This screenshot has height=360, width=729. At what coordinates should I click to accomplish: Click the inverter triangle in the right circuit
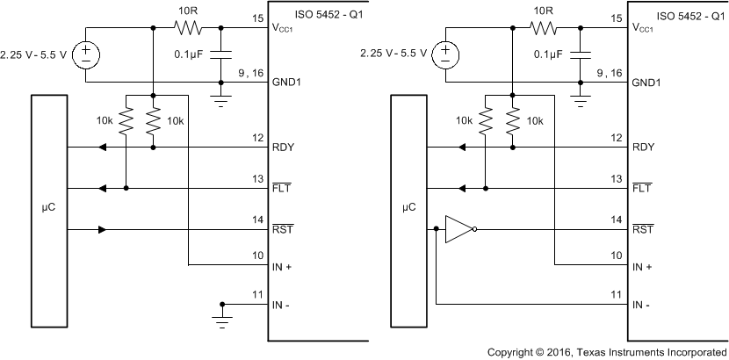(x=458, y=230)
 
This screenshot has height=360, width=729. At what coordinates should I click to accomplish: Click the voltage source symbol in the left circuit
(x=86, y=55)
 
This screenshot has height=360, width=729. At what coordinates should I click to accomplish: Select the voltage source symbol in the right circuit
(x=445, y=55)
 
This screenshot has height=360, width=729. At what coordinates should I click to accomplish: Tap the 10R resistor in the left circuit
(x=186, y=28)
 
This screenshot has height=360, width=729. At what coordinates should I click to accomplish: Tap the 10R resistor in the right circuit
(x=545, y=28)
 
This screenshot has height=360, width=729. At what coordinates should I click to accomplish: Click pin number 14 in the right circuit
(x=617, y=220)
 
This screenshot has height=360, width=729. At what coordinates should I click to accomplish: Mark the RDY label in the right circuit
(x=641, y=147)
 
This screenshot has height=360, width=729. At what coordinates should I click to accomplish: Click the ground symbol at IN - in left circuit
(x=222, y=314)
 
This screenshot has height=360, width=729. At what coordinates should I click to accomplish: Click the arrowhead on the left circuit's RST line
(x=102, y=230)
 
